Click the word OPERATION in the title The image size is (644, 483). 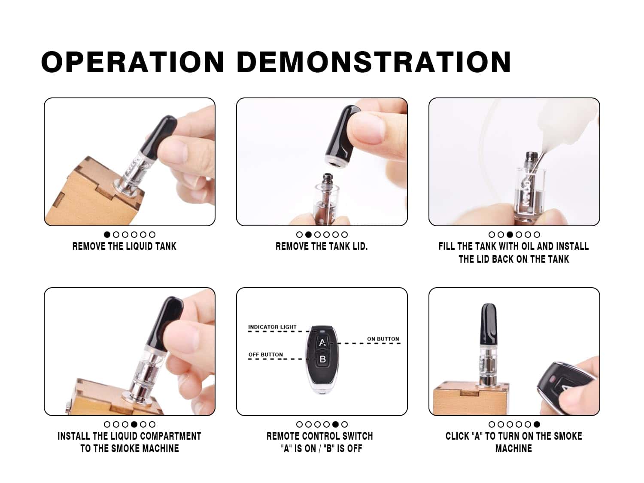pyautogui.click(x=133, y=62)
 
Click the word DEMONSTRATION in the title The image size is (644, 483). pyautogui.click(x=374, y=62)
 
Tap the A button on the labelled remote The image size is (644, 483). pyautogui.click(x=322, y=342)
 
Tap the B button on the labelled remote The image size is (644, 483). pyautogui.click(x=322, y=359)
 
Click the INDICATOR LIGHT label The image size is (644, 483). pyautogui.click(x=272, y=327)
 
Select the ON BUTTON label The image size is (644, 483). pyautogui.click(x=383, y=339)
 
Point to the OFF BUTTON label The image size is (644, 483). pyautogui.click(x=265, y=355)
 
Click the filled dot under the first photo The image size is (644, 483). pyautogui.click(x=107, y=234)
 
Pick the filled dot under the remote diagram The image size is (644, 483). pyautogui.click(x=335, y=424)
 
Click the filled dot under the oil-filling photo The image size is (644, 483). pyautogui.click(x=510, y=234)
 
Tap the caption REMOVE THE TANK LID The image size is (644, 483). pyautogui.click(x=322, y=246)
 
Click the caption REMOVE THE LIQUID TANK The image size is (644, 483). pyautogui.click(x=125, y=246)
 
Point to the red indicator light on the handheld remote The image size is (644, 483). pyautogui.click(x=553, y=379)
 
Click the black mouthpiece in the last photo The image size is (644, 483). pyautogui.click(x=489, y=324)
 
